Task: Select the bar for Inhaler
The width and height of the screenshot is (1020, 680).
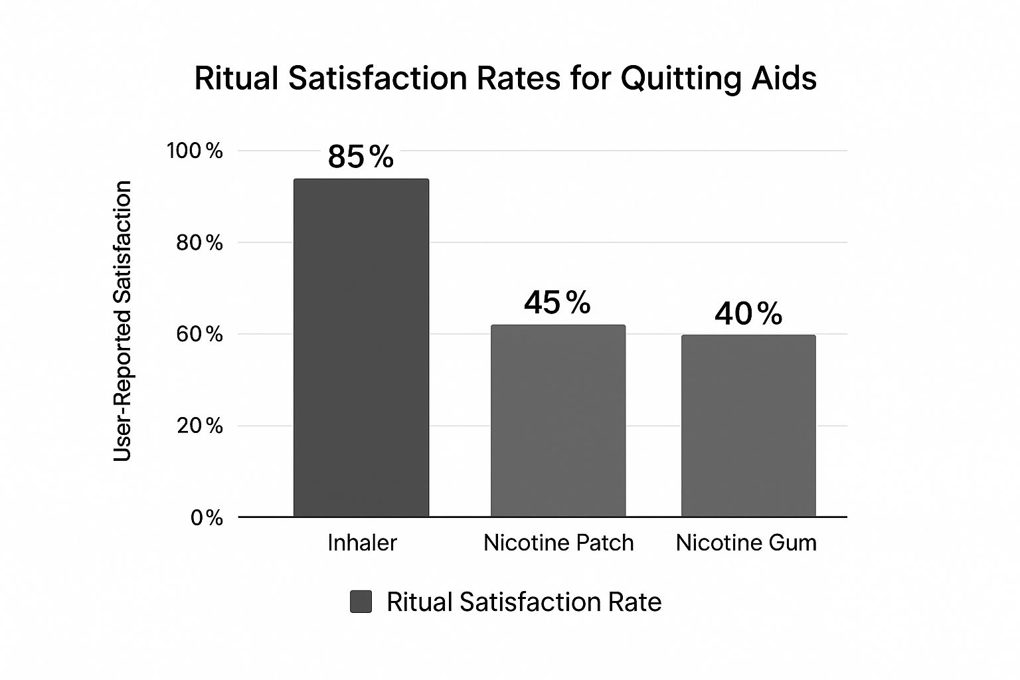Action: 361,347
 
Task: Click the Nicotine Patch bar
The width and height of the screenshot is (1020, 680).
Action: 558,420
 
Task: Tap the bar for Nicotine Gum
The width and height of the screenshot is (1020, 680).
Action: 748,426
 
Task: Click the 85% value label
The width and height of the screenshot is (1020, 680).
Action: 361,157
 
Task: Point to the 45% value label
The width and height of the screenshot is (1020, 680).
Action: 556,303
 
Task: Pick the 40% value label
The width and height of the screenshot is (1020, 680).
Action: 748,313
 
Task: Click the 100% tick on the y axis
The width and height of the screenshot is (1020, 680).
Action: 195,151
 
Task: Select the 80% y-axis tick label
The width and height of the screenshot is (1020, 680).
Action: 199,242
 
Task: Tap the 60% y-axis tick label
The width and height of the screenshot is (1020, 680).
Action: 199,334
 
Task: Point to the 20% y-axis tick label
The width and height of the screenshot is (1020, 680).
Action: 199,426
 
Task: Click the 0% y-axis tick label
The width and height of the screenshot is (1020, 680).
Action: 207,517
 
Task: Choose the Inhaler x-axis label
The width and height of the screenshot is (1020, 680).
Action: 362,543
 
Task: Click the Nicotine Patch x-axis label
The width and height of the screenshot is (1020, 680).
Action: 558,543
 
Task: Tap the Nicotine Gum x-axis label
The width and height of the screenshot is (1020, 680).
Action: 746,543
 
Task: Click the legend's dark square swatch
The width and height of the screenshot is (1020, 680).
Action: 361,602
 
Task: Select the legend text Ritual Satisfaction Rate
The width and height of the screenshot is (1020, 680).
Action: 524,602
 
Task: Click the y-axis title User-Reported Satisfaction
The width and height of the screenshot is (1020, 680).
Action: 123,321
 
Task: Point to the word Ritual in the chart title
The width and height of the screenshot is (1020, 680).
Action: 236,78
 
